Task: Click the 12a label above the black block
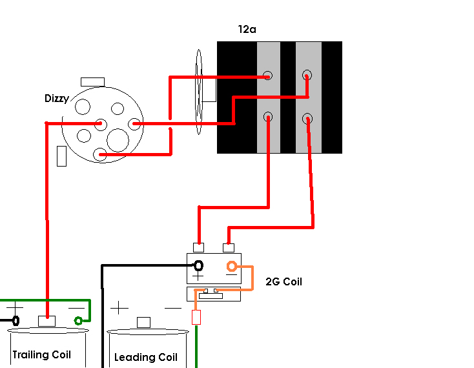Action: (247, 29)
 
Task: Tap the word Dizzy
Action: (57, 99)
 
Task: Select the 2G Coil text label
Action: (283, 281)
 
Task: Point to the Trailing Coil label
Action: (42, 354)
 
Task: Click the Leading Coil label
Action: (146, 357)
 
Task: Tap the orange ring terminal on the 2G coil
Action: (232, 266)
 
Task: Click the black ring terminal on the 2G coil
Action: (198, 266)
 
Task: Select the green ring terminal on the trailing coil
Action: (78, 321)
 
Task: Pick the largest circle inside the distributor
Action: (118, 140)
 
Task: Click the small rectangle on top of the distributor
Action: (92, 82)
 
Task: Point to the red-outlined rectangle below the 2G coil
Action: (196, 317)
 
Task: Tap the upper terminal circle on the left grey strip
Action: (267, 76)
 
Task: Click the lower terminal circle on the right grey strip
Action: (307, 118)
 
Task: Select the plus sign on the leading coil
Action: (119, 308)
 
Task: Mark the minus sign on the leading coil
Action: (173, 308)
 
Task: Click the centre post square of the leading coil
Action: (143, 322)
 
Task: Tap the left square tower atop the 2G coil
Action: (199, 248)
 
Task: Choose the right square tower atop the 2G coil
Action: (229, 248)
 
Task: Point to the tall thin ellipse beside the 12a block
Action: (199, 92)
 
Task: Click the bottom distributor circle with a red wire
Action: (99, 154)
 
